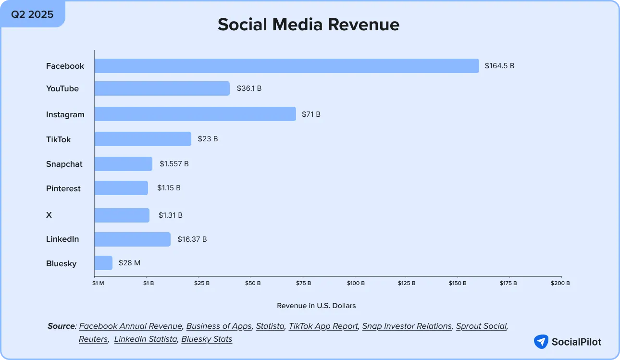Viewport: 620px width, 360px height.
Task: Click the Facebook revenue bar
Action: point(286,66)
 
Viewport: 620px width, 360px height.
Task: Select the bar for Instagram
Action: point(195,114)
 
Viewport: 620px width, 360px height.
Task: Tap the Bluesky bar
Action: point(103,263)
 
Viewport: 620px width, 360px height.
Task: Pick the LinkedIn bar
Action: point(132,239)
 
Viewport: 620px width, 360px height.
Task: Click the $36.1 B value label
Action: point(249,88)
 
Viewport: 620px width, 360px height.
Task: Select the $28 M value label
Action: point(129,263)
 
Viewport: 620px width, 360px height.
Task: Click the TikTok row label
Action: point(58,139)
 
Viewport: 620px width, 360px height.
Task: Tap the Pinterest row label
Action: point(63,188)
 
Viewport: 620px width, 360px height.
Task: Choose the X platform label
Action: point(49,215)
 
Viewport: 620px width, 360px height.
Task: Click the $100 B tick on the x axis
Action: point(356,283)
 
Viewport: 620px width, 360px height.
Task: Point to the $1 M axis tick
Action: point(98,283)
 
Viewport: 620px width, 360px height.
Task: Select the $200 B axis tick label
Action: point(560,283)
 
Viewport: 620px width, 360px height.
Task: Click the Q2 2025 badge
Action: point(33,14)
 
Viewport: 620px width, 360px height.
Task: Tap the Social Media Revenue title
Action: point(309,25)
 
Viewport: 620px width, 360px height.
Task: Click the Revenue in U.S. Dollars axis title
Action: point(316,306)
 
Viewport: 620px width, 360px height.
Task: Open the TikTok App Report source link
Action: point(323,326)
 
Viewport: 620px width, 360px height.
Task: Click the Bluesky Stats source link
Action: point(207,339)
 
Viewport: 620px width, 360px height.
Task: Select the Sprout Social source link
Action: point(481,326)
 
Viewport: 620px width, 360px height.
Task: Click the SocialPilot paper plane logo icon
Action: point(541,342)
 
